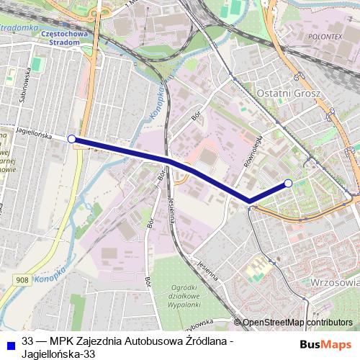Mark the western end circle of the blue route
pos(71,138)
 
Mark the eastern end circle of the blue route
pos(288,184)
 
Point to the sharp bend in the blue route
pos(249,200)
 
